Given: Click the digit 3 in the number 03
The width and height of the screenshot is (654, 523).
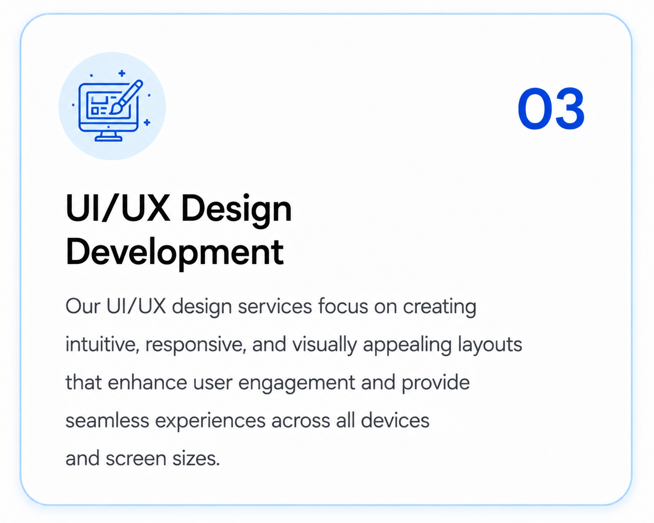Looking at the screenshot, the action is point(568,109).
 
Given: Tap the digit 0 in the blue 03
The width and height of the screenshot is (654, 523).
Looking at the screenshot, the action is point(534,109).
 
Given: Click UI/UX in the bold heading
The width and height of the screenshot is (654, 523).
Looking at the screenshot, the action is point(118,209).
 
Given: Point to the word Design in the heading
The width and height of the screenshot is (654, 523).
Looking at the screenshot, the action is point(237,211).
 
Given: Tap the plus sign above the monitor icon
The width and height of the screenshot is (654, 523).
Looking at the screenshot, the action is point(122,73).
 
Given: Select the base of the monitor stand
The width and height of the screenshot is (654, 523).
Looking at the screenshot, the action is point(109,139).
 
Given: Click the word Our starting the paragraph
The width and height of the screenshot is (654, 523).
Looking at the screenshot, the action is point(83,306).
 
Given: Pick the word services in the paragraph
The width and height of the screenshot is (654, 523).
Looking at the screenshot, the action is point(275,306).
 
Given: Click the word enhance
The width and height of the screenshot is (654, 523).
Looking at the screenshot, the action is point(147,382).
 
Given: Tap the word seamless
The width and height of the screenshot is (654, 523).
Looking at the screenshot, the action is point(107,420).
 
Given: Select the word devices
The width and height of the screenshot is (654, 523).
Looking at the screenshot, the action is point(395,420).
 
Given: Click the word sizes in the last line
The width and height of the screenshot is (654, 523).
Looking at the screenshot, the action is point(196,459).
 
